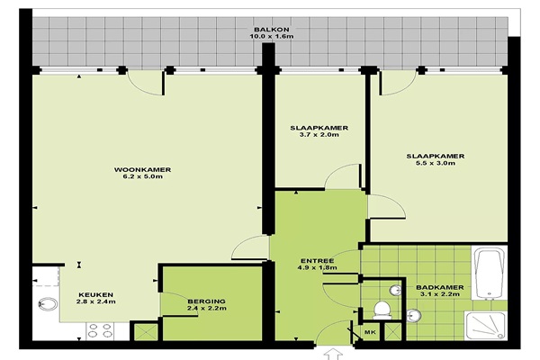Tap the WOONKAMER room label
(x=142, y=170)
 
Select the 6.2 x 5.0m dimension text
(x=142, y=176)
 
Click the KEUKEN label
(x=95, y=295)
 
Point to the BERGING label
(x=207, y=301)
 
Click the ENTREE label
(x=317, y=261)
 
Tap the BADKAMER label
(x=440, y=287)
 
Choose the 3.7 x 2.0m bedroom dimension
(x=319, y=135)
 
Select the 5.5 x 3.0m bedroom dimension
(x=436, y=163)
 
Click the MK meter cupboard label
(x=370, y=332)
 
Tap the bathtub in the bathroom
(x=489, y=272)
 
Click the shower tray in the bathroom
(x=485, y=326)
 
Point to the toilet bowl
(x=382, y=310)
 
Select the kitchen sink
(x=48, y=304)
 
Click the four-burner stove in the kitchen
(x=100, y=330)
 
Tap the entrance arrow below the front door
(x=334, y=355)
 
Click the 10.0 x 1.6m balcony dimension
(x=272, y=37)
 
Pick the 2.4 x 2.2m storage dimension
(x=207, y=309)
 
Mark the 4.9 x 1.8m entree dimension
(x=317, y=267)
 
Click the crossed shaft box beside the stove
(x=144, y=332)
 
